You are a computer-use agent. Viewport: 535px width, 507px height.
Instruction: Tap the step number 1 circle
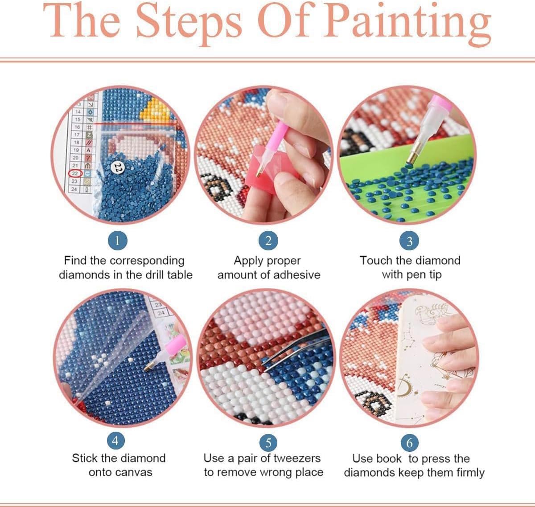[118, 241]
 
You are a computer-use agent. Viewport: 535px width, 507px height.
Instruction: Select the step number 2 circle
[268, 241]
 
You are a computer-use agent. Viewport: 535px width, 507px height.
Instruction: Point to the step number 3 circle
[409, 241]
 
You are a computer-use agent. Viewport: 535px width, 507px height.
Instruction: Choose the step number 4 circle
[116, 441]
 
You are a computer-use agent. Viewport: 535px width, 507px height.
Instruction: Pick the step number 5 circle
[268, 442]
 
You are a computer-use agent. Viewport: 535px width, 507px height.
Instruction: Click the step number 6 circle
[409, 442]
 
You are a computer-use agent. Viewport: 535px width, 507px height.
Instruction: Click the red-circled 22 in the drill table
[75, 173]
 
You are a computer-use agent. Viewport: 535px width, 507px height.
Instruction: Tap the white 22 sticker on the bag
[117, 168]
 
